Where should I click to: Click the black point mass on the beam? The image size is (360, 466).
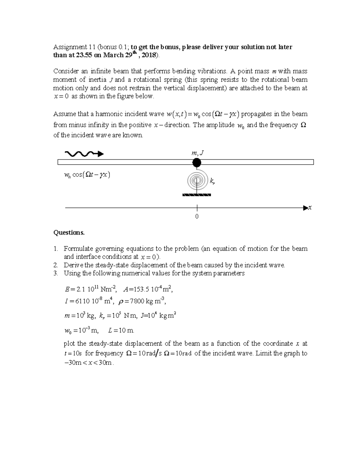pyautogui.click(x=196, y=162)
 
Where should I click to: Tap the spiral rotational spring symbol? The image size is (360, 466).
pyautogui.click(x=197, y=180)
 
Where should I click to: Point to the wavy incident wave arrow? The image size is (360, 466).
pyautogui.click(x=84, y=154)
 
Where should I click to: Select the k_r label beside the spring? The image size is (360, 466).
pyautogui.click(x=212, y=181)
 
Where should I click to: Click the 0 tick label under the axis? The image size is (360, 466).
pyautogui.click(x=197, y=217)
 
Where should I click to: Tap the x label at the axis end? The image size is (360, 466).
pyautogui.click(x=310, y=208)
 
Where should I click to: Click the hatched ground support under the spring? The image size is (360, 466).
pyautogui.click(x=196, y=195)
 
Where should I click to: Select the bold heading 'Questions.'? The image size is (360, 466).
pyautogui.click(x=69, y=233)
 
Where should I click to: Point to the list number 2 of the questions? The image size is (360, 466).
pyautogui.click(x=55, y=265)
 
